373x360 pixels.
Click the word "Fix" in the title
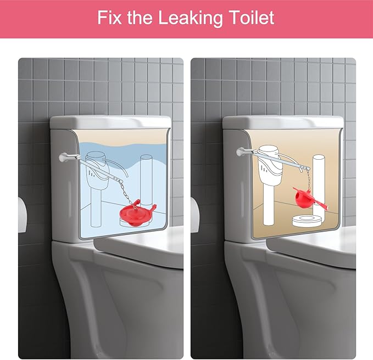[x=110, y=18]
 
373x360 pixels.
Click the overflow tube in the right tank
[x=319, y=187]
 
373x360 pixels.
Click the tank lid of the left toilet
[x=110, y=121]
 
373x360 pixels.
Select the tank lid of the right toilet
[x=282, y=121]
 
